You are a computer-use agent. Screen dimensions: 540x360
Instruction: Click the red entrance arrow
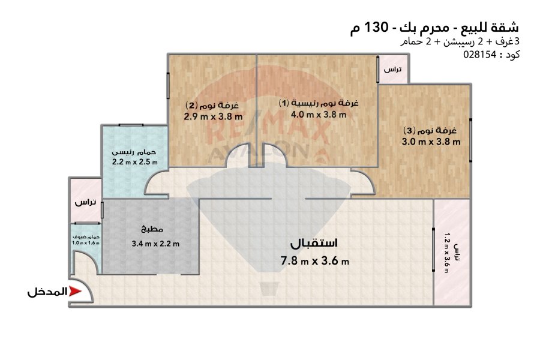coord(75,292)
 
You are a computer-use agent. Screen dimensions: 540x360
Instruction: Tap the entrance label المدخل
coord(47,292)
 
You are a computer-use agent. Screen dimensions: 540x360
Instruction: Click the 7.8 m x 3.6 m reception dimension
coord(315,260)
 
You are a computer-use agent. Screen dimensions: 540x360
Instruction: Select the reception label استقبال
coord(314,243)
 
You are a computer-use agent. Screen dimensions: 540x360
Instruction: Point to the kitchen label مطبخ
coord(152,229)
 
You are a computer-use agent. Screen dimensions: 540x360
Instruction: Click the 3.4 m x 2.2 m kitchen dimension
coord(155,244)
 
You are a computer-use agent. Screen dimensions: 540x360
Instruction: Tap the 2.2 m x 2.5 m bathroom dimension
coord(135,162)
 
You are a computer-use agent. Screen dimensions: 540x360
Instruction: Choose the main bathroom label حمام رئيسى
coord(134,152)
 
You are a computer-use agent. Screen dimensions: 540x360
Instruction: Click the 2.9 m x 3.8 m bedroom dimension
coord(213,116)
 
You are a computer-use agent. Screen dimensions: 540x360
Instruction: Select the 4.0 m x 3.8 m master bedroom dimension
coord(319,115)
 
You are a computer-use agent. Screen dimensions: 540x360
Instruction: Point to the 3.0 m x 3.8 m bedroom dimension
coord(431,142)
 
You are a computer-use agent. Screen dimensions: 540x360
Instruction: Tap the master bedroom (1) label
coord(319,103)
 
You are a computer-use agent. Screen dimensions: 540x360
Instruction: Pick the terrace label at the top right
coord(392,70)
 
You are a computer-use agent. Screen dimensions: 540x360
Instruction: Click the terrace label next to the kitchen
coord(85,202)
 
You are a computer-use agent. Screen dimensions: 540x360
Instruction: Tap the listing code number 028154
coord(480,55)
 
